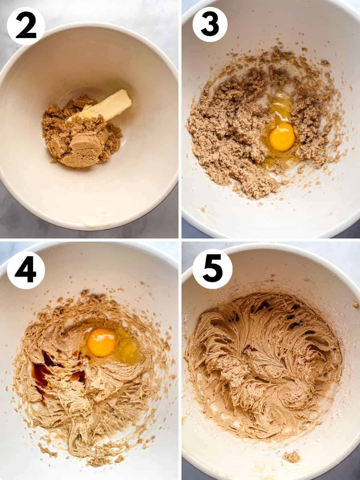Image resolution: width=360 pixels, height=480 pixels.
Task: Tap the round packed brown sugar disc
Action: [80, 144]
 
